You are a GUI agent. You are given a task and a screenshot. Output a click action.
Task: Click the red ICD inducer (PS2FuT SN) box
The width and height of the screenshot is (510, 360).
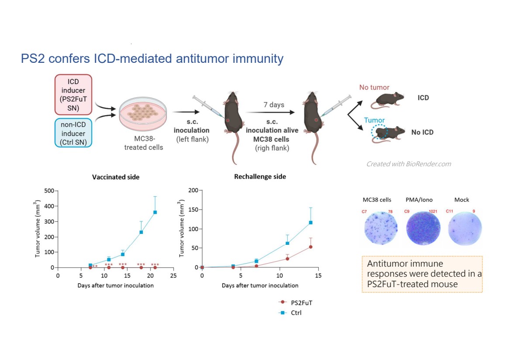point(73,94)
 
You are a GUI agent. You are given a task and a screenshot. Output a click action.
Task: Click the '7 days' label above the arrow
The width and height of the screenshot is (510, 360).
point(274,105)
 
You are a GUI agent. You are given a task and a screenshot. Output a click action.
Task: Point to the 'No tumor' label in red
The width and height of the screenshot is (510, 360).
point(374,88)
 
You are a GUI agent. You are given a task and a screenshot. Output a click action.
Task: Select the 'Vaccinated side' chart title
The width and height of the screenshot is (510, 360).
point(116,177)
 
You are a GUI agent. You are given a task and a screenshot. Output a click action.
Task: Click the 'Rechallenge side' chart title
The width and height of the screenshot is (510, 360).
point(260,177)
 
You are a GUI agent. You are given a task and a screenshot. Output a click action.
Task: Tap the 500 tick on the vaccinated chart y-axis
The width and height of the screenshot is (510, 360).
point(48,191)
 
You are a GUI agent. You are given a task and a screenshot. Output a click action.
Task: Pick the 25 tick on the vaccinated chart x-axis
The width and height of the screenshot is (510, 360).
point(173,276)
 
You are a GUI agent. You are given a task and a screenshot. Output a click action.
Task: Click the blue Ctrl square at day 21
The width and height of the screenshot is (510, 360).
point(155,212)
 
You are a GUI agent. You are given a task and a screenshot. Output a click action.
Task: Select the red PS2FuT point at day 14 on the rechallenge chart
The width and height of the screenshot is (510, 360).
point(310,247)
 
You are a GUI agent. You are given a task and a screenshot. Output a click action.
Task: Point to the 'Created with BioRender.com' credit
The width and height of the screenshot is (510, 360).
point(408,164)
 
